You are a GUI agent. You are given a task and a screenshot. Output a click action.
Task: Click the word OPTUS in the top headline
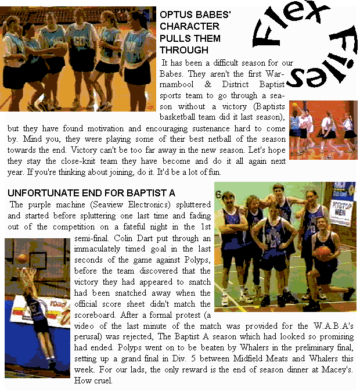pos(174,15)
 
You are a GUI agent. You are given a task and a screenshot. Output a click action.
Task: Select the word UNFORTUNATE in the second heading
pos(40,192)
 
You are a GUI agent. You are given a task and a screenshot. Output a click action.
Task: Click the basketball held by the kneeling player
pos(323,253)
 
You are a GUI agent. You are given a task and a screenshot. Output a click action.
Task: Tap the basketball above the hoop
pos(21,258)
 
